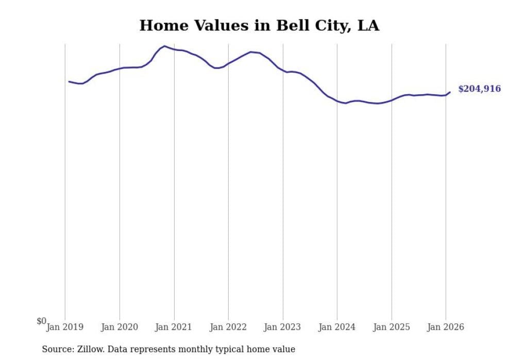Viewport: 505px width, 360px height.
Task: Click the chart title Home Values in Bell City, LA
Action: [x=259, y=25]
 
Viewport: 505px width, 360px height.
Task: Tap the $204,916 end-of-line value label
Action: [x=479, y=89]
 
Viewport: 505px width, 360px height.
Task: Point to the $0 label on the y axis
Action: [x=41, y=321]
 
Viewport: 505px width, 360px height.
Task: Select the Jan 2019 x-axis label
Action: [x=65, y=327]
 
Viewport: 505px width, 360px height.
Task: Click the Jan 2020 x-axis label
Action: [x=120, y=327]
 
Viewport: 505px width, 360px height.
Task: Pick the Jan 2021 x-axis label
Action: [x=174, y=327]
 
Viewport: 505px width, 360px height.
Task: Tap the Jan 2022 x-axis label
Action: [x=228, y=327]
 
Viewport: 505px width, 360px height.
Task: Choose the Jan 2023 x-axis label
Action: [x=283, y=327]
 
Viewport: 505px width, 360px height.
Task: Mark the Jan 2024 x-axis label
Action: [x=337, y=327]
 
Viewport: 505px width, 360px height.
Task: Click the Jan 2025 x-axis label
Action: [x=392, y=327]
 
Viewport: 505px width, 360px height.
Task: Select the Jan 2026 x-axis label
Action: [x=446, y=327]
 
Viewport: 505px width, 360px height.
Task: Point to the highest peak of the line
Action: [x=164, y=46]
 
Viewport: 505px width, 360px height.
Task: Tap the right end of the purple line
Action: [x=450, y=92]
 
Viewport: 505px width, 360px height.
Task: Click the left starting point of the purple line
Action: [x=69, y=81]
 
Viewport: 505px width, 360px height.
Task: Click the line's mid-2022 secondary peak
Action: [x=251, y=52]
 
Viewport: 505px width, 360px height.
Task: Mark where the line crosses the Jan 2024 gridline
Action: [x=337, y=100]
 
